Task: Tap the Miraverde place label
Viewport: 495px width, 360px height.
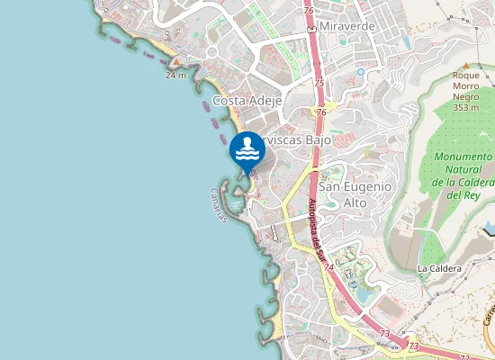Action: pos(345,27)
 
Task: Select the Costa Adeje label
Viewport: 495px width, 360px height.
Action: pos(247,101)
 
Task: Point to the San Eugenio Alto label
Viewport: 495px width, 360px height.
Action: pos(356,193)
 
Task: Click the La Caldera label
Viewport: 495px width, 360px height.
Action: pos(439,268)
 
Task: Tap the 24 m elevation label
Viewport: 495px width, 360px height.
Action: pos(175,76)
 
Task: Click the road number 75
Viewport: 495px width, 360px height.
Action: pos(319,82)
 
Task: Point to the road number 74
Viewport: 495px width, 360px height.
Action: pos(329,267)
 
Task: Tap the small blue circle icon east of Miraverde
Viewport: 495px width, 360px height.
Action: pos(361,71)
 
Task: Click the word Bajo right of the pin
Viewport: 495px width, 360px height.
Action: pos(316,140)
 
